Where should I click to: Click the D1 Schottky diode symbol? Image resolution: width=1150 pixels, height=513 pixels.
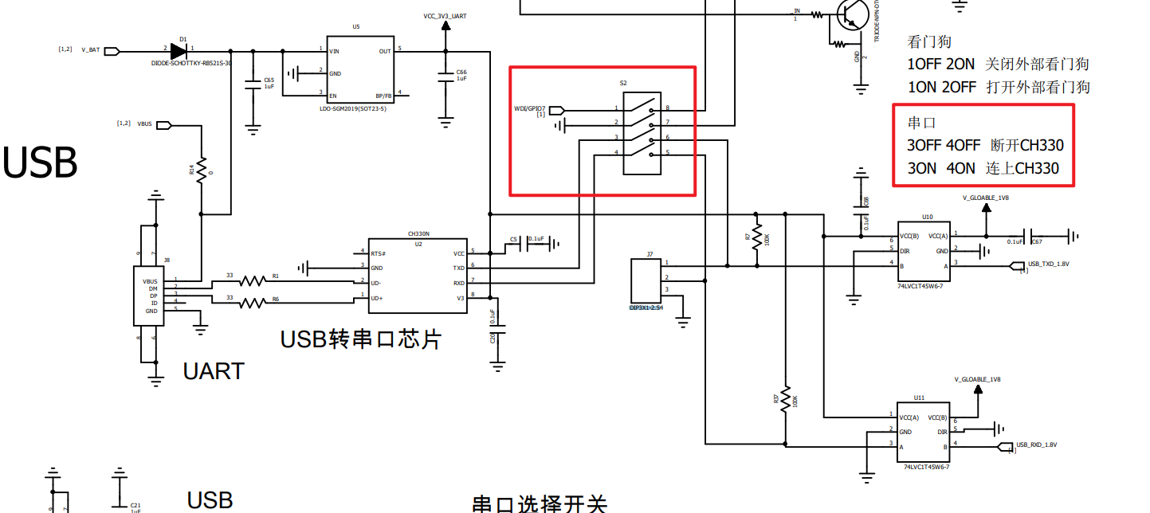click(x=178, y=51)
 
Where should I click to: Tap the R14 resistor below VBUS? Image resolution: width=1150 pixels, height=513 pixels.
click(x=202, y=168)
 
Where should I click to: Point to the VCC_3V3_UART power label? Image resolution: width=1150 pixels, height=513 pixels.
click(x=445, y=16)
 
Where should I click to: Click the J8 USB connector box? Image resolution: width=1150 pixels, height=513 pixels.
click(x=149, y=296)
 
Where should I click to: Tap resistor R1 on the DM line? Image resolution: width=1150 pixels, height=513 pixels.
click(x=253, y=281)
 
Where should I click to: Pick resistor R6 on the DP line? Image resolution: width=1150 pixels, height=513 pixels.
click(x=253, y=302)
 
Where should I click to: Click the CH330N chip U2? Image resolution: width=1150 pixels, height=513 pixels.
click(x=417, y=275)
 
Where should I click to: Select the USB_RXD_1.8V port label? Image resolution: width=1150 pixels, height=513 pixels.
click(x=1036, y=445)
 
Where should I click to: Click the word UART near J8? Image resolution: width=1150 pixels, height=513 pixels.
click(x=214, y=371)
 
